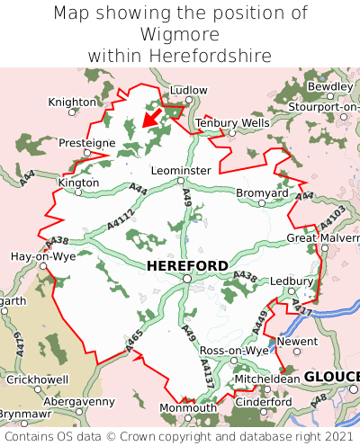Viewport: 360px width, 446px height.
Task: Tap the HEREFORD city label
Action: tap(187, 265)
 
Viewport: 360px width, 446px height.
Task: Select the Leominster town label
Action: tap(181, 170)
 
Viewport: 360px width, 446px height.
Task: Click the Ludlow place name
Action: tap(188, 91)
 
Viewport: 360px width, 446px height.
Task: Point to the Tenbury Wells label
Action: tap(232, 122)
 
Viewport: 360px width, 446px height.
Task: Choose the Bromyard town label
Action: tap(262, 192)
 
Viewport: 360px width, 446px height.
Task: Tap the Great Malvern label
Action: tap(322, 237)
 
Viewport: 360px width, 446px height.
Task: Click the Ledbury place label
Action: tap(291, 281)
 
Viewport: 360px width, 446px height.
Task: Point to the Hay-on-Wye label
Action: tap(42, 256)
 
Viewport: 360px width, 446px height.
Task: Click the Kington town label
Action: tap(78, 182)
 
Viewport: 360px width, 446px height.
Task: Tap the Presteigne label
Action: tap(87, 142)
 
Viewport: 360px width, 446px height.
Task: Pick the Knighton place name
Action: tap(72, 103)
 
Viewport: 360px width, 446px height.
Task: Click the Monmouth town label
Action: tap(188, 407)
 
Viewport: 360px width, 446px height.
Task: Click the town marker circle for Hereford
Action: tap(186, 279)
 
